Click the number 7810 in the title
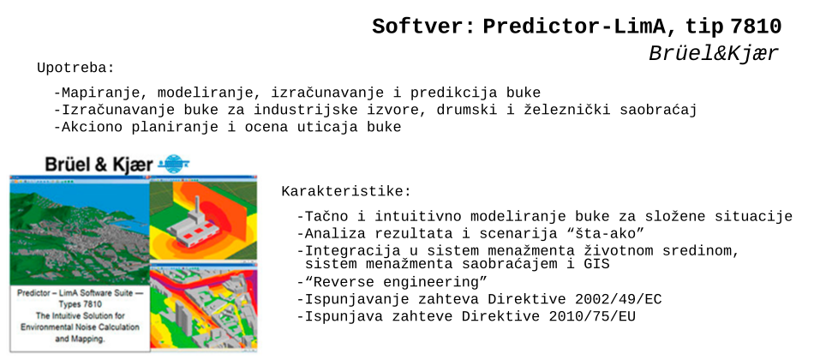click(x=756, y=27)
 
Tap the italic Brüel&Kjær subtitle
click(x=714, y=53)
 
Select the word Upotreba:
click(x=75, y=68)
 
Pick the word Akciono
click(x=92, y=127)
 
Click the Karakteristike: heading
click(x=346, y=192)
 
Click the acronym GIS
click(x=596, y=264)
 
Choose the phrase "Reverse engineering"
click(x=396, y=283)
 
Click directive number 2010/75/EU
click(x=592, y=315)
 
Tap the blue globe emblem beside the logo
click(x=174, y=164)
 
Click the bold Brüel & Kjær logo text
click(x=99, y=165)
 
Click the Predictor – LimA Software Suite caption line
click(x=80, y=293)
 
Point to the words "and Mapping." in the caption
click(x=80, y=339)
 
